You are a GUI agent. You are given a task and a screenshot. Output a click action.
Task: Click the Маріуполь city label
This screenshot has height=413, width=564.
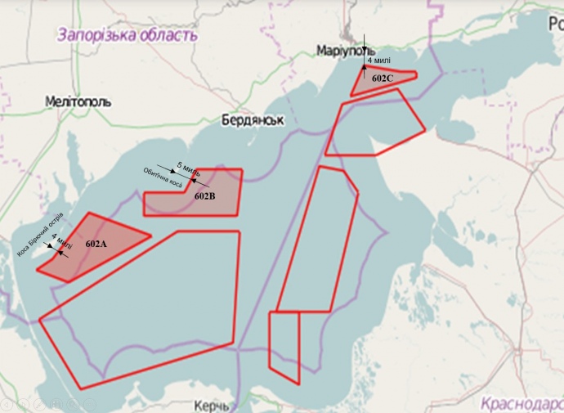(x=345, y=52)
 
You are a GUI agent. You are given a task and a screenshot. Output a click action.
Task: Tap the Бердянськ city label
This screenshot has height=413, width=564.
(x=253, y=120)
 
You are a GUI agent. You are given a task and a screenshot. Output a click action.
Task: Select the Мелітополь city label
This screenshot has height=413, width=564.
(x=79, y=101)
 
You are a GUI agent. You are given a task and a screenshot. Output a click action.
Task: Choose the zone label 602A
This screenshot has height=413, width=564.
(x=96, y=244)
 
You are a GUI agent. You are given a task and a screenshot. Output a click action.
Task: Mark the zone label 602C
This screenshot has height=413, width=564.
(x=382, y=79)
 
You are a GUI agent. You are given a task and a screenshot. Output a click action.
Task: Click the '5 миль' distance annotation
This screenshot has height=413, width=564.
(x=188, y=169)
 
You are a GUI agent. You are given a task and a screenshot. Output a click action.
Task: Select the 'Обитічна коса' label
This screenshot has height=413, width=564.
(x=163, y=178)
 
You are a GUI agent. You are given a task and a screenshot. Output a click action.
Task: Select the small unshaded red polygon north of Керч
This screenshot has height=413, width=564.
(x=285, y=343)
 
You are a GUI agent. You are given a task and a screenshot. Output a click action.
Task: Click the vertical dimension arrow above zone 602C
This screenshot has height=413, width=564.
(x=365, y=51)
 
